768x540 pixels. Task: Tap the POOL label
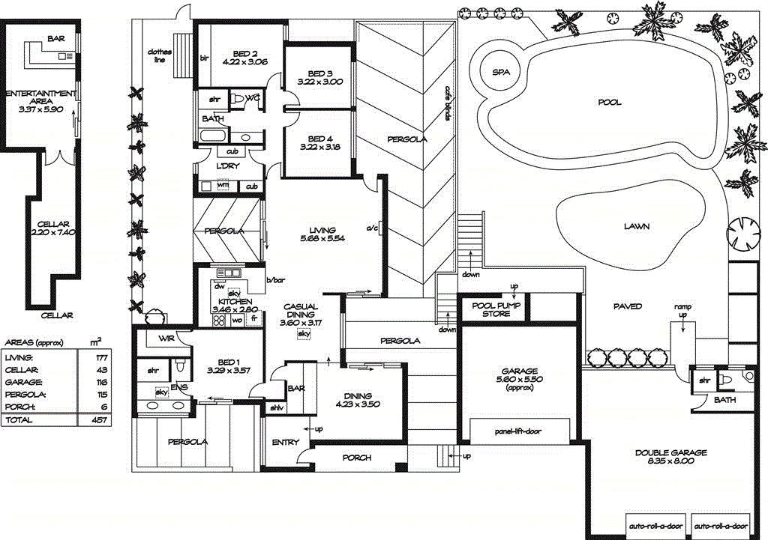(609, 103)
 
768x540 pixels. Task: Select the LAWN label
(636, 226)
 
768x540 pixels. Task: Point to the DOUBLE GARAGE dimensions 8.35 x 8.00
(670, 461)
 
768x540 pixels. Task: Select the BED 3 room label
(319, 73)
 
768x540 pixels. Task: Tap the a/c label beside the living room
(371, 228)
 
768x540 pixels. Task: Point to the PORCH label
(357, 458)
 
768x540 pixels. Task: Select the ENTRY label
(285, 443)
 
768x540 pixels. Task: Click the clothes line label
(159, 55)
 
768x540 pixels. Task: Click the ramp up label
(682, 311)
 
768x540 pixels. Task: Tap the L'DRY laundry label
(227, 166)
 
